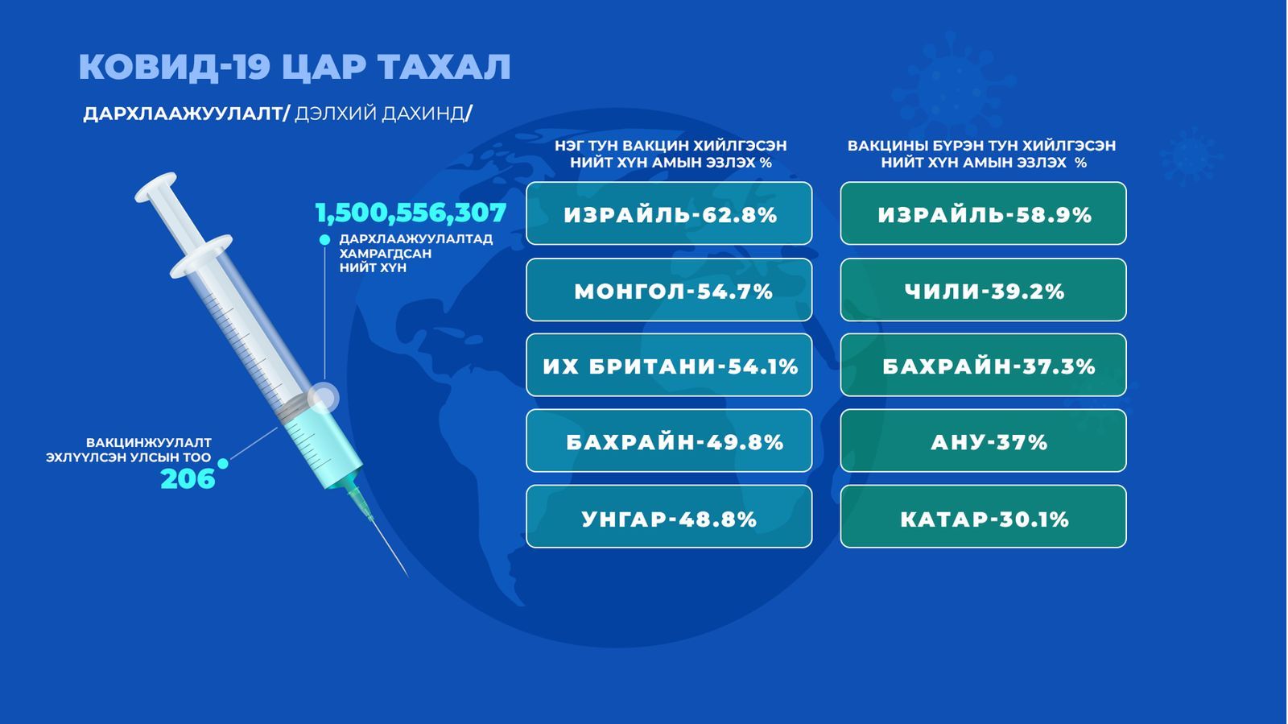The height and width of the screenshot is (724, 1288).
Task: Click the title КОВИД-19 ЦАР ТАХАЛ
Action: pyautogui.click(x=295, y=67)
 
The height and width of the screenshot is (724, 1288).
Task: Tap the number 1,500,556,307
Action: pyautogui.click(x=411, y=213)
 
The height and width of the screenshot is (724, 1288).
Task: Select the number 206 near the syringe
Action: pyautogui.click(x=188, y=478)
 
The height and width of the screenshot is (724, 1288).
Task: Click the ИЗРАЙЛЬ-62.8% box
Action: pyautogui.click(x=669, y=213)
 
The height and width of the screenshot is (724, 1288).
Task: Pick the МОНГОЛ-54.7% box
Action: pyautogui.click(x=669, y=290)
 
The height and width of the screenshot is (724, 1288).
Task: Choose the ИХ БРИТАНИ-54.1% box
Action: pyautogui.click(x=669, y=365)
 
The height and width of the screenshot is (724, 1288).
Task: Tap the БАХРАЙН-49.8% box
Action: pyautogui.click(x=669, y=441)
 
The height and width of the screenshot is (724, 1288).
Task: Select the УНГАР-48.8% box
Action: pyautogui.click(x=669, y=516)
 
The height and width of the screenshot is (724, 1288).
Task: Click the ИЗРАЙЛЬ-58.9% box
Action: pyautogui.click(x=983, y=213)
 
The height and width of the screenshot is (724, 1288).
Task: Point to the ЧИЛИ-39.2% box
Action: pyautogui.click(x=983, y=290)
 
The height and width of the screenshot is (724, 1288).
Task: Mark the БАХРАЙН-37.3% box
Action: pyautogui.click(x=983, y=365)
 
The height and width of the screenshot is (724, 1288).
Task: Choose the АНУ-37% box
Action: pyautogui.click(x=983, y=441)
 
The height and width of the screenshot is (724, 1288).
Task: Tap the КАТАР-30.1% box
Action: pyautogui.click(x=983, y=516)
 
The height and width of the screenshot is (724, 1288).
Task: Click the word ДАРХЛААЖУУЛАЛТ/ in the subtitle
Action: pyautogui.click(x=186, y=114)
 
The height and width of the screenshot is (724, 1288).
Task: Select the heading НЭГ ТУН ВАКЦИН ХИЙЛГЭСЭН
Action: pyautogui.click(x=671, y=146)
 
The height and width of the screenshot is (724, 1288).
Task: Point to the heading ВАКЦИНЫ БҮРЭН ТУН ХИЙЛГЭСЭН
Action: pyautogui.click(x=981, y=146)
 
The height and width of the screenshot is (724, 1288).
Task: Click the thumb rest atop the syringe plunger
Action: pyautogui.click(x=155, y=186)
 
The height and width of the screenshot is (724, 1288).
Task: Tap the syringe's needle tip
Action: pyautogui.click(x=407, y=576)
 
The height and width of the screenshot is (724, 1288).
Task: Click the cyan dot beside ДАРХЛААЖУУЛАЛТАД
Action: pyautogui.click(x=325, y=240)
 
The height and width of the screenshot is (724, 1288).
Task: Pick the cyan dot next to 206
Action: pyautogui.click(x=222, y=463)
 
